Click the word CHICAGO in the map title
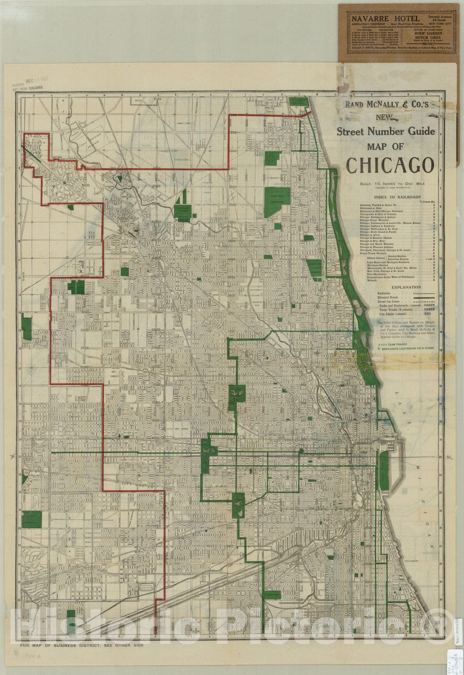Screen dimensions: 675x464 (390, 165)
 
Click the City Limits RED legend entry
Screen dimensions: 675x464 (405, 313)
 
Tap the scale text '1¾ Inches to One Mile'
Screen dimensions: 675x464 (398, 184)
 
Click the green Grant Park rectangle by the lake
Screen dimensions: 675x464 (384, 471)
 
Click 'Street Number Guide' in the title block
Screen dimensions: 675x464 (386, 131)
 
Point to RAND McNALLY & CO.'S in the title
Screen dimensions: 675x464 (386, 104)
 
